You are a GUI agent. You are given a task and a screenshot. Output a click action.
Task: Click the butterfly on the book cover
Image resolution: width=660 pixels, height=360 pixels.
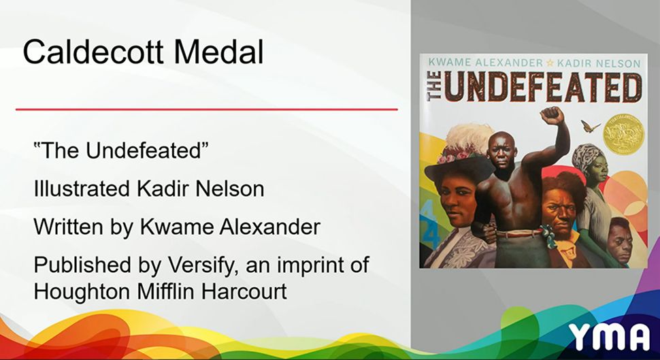(x=590, y=126)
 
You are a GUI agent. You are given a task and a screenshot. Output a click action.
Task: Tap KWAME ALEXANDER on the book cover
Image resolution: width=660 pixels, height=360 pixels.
(x=484, y=63)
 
